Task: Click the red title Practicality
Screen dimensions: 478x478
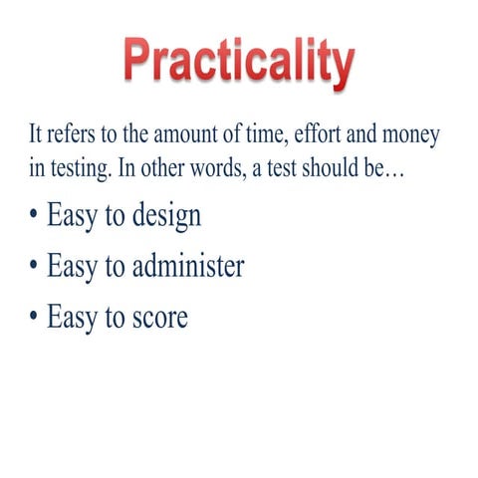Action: tap(239, 62)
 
